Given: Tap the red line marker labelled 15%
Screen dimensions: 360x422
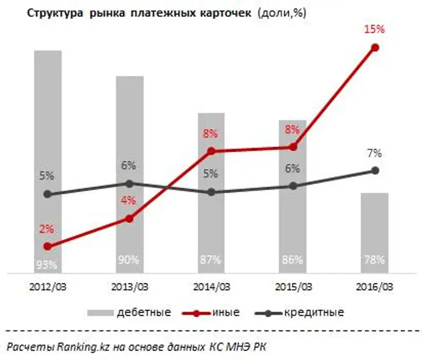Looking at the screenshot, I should (375, 48).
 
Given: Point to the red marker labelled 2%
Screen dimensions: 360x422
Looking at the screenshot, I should (48, 247).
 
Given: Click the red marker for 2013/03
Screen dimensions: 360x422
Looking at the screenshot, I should (130, 218).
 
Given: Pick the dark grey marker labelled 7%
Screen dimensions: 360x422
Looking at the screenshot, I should (375, 170).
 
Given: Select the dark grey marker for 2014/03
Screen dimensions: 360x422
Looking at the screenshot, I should (212, 192).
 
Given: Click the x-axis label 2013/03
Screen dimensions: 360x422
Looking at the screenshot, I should (130, 288).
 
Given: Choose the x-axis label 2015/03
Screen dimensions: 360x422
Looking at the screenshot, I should (293, 288).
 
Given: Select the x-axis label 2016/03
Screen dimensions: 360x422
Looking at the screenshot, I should (375, 288).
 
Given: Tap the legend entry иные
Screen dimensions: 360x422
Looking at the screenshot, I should (227, 312).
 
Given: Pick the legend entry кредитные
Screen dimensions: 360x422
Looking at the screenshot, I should (314, 312).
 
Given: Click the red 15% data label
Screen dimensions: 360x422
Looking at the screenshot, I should (375, 30).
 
